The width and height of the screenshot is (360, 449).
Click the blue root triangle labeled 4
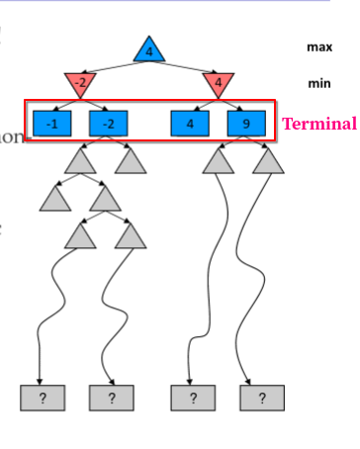click(148, 49)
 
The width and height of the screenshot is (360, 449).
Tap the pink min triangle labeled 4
click(219, 83)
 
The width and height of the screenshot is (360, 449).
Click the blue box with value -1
click(52, 123)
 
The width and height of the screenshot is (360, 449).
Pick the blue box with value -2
click(109, 123)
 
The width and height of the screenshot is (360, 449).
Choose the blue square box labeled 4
click(190, 123)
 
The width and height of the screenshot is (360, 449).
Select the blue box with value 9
click(245, 123)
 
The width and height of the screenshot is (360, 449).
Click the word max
click(319, 46)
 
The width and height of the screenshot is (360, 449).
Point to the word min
click(319, 84)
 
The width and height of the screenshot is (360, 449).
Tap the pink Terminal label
click(319, 124)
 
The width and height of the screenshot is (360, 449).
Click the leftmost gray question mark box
click(43, 398)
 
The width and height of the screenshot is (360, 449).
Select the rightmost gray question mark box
click(262, 398)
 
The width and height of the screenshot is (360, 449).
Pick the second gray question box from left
click(112, 398)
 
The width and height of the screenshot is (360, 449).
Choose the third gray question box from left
click(193, 398)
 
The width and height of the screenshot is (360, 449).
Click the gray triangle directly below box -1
click(80, 159)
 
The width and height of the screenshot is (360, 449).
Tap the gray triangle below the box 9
click(267, 159)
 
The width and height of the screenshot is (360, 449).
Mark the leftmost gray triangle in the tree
click(55, 199)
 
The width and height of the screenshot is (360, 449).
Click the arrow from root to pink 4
click(185, 64)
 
